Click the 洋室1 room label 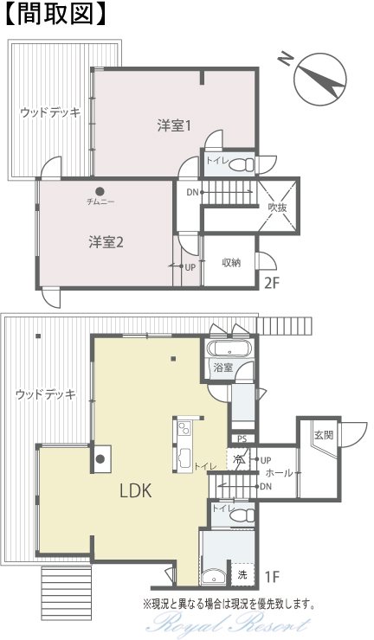174,125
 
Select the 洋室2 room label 106,242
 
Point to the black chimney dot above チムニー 100,191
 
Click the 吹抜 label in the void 278,208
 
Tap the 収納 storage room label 231,262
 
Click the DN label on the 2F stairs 192,192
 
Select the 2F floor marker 272,283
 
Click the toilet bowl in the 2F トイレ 242,165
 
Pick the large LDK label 136,490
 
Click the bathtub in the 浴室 229,349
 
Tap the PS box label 242,439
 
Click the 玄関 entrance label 324,435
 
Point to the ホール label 280,473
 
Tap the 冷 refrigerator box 238,459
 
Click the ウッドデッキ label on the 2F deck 51,112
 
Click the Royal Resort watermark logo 228,624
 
